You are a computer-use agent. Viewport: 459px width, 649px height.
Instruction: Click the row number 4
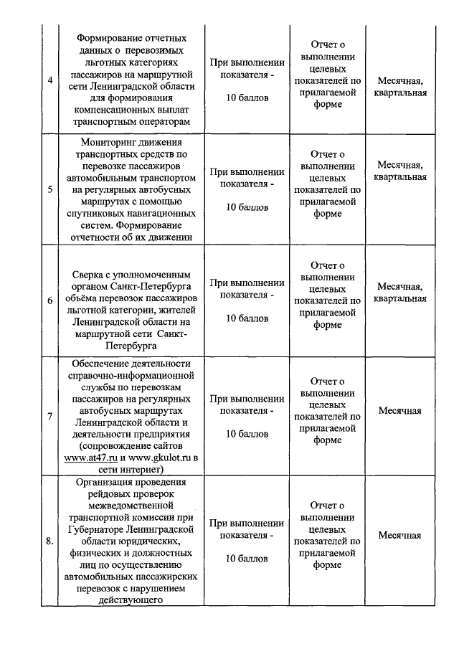point(49,80)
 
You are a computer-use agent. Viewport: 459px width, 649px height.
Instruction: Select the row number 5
point(49,190)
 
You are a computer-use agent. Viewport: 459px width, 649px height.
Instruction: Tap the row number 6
point(49,300)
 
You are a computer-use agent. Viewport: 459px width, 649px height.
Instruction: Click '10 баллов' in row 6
point(247,318)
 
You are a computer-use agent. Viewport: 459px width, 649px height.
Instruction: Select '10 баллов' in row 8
point(247,558)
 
